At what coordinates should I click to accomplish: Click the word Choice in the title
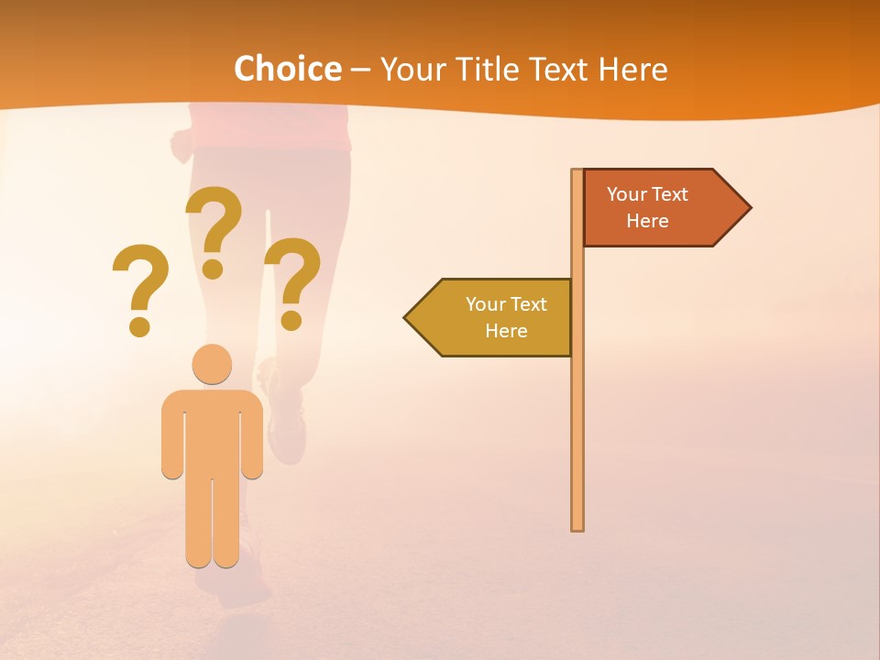(x=287, y=69)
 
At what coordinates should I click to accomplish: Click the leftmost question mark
(x=140, y=289)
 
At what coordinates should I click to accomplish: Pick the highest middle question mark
(x=214, y=231)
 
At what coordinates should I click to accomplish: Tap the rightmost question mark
(x=292, y=282)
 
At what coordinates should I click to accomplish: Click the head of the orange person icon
(x=212, y=364)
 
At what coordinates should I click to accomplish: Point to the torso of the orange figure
(x=212, y=431)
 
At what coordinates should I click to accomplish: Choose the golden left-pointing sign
(x=495, y=317)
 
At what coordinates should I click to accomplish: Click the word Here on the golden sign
(x=506, y=331)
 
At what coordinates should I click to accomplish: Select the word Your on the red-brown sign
(x=627, y=194)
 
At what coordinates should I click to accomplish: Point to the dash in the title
(x=360, y=71)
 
